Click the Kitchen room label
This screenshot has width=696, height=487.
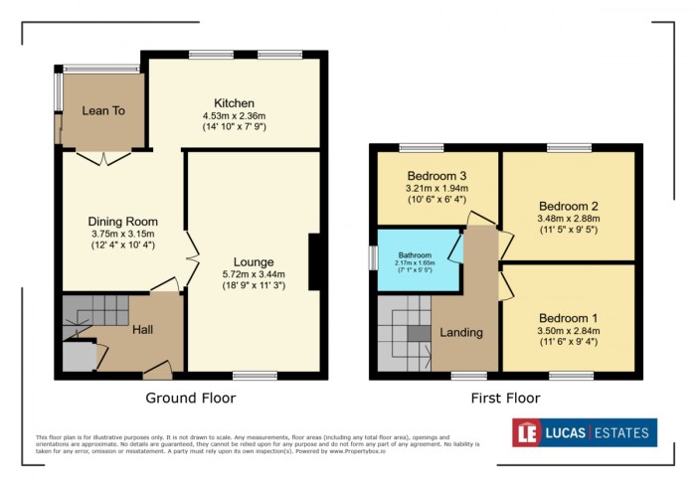pyautogui.click(x=234, y=102)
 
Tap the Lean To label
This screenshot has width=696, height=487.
pyautogui.click(x=103, y=111)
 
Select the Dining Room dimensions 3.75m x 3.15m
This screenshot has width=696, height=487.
pyautogui.click(x=123, y=235)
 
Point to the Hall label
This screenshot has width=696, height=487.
pyautogui.click(x=144, y=329)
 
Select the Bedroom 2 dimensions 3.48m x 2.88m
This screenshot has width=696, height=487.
pyautogui.click(x=568, y=220)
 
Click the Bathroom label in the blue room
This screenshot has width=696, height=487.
pyautogui.click(x=415, y=254)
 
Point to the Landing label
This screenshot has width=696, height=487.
pyautogui.click(x=462, y=332)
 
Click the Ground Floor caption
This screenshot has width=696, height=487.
pyautogui.click(x=191, y=399)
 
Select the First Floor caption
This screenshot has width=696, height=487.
pyautogui.click(x=506, y=399)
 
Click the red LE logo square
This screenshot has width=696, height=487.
pyautogui.click(x=527, y=432)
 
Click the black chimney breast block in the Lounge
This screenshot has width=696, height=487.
pyautogui.click(x=315, y=262)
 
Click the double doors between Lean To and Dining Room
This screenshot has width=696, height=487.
pyautogui.click(x=104, y=157)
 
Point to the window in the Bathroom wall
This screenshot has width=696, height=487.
pyautogui.click(x=372, y=257)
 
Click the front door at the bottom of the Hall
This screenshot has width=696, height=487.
pyautogui.click(x=155, y=372)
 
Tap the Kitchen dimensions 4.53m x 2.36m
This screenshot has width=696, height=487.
pyautogui.click(x=234, y=116)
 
